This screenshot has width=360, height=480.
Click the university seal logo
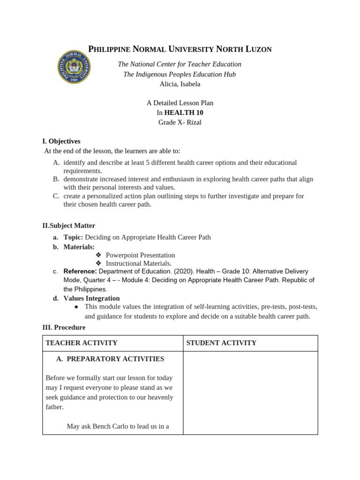click(74, 67)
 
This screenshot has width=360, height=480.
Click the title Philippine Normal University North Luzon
click(180, 49)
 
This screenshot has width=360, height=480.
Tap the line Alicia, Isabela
click(180, 84)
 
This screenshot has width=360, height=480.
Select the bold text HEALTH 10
click(184, 112)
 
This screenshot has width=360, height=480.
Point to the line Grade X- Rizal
click(180, 122)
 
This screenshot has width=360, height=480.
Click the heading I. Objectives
click(61, 141)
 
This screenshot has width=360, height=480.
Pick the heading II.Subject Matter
click(69, 225)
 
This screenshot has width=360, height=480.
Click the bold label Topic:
click(73, 237)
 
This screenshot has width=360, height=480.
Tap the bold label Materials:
click(79, 247)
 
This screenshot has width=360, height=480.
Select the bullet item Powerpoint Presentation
click(140, 255)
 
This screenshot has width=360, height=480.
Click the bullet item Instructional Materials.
click(139, 263)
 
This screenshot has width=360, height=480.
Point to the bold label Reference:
click(80, 271)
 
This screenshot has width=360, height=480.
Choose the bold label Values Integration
click(91, 298)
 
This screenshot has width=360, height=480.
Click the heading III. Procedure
click(64, 327)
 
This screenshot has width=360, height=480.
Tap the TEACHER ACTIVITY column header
click(81, 343)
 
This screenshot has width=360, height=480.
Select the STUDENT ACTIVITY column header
click(221, 343)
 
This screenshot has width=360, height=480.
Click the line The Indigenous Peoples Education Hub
click(180, 74)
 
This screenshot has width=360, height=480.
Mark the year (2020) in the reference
click(184, 271)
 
